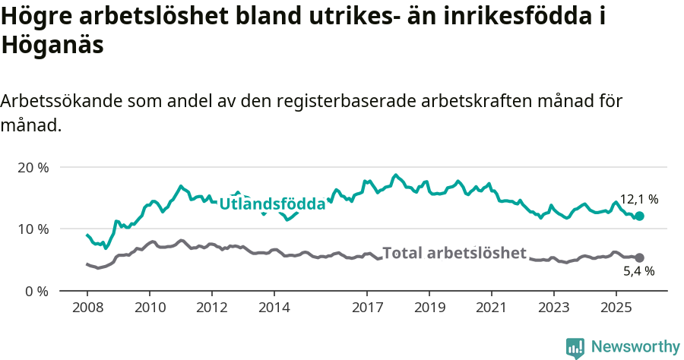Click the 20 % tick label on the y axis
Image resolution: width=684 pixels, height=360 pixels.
(x=33, y=167)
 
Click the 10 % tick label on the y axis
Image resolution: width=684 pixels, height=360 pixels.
(x=33, y=229)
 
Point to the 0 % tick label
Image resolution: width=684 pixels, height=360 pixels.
(x=36, y=291)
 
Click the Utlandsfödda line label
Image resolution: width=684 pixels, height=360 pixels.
(x=272, y=204)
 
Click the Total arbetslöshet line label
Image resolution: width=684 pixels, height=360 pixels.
(x=454, y=253)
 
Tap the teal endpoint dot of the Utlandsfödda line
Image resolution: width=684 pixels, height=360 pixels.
(x=640, y=216)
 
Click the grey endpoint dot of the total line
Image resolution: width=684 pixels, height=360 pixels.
(x=640, y=258)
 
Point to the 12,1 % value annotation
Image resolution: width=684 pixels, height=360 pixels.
(x=639, y=200)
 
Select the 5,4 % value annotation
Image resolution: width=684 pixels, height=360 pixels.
(x=639, y=271)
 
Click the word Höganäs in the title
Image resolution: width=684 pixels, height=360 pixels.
(x=52, y=46)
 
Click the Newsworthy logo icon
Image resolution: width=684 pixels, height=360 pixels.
(x=575, y=347)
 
